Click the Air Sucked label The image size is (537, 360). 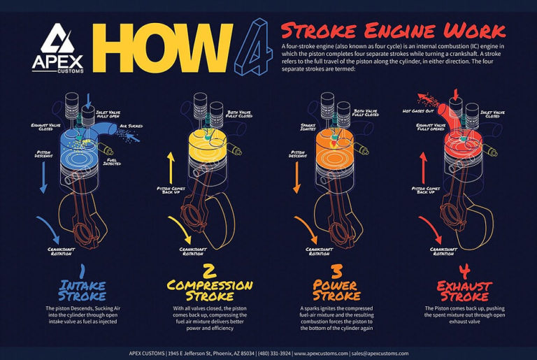(x=131, y=127)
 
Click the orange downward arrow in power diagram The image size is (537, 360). (x=297, y=177)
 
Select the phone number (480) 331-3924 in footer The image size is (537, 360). (x=275, y=353)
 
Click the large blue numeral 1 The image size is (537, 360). (x=82, y=269)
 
